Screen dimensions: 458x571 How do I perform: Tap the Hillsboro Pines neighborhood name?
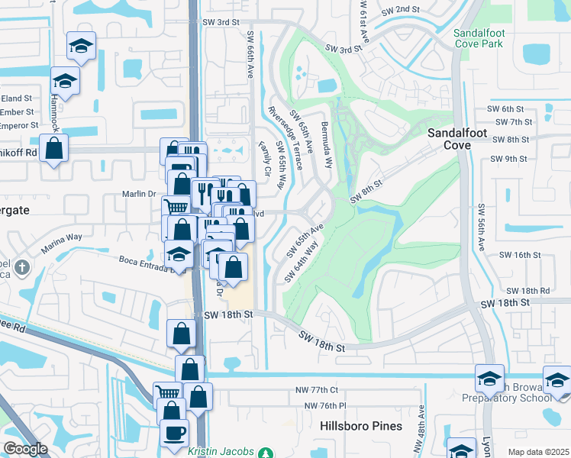[x=361, y=426]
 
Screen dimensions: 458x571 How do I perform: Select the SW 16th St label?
[x=520, y=255]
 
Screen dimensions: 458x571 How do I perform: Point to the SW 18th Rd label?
[x=528, y=291]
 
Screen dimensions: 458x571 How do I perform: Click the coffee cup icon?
[x=174, y=432]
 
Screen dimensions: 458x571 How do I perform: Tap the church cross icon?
[x=23, y=268]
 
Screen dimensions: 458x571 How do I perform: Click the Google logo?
[x=25, y=449]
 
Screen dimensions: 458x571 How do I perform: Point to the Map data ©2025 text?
[x=538, y=452]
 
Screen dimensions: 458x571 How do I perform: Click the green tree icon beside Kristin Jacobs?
[x=265, y=452]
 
